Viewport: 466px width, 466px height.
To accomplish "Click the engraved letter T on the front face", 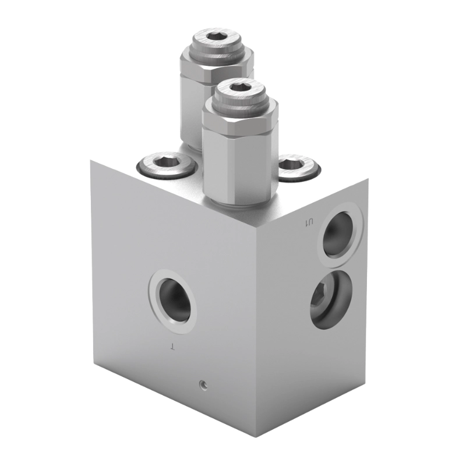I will click(x=172, y=348).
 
